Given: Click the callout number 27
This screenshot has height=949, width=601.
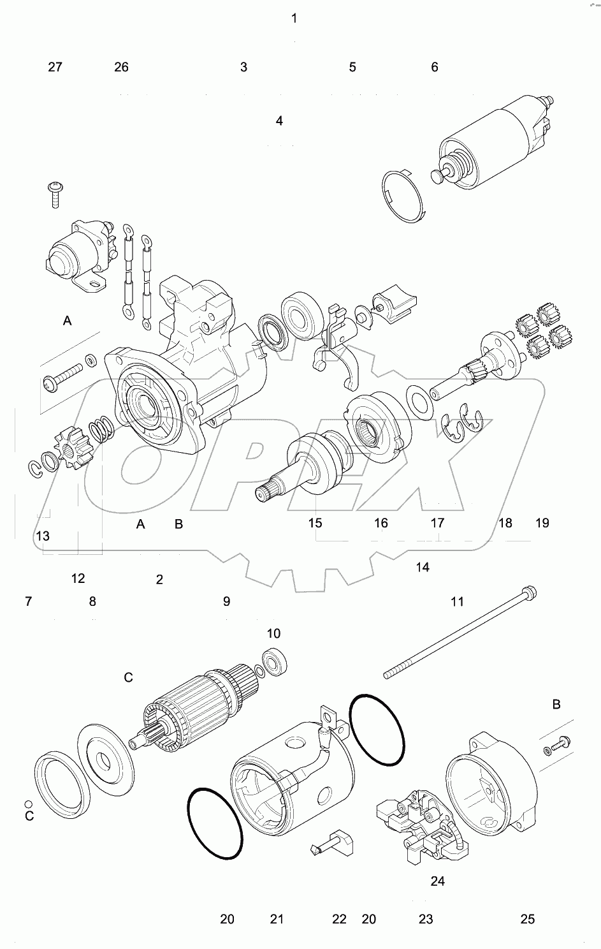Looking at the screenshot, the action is coord(55,67).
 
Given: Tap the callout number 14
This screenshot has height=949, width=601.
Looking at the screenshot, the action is coord(423,567).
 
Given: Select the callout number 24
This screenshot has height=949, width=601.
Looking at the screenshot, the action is coord(438,881).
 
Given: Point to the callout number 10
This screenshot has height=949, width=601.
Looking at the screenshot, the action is coord(273,633).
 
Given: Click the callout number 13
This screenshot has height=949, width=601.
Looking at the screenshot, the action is coord(43,536).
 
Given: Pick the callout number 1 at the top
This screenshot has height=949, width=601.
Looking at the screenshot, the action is coord(294,18).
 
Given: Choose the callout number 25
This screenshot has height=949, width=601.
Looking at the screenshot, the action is coord(527,919).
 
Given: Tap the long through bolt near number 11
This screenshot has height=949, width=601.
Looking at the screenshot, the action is coord(460,633).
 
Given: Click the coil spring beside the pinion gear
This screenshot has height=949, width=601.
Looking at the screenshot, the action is coord(101,430).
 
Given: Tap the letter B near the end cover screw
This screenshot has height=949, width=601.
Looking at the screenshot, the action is coord(556,704).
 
